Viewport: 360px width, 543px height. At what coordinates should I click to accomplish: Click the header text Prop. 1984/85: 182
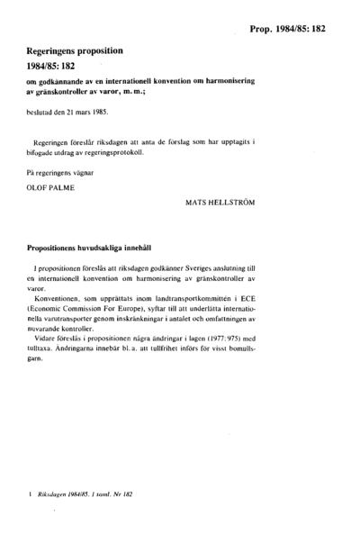pos(287,29)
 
